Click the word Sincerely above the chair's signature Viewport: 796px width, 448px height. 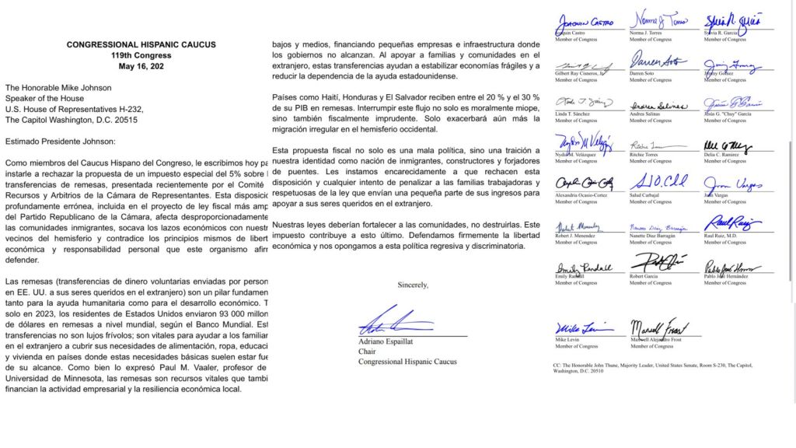pos(413,285)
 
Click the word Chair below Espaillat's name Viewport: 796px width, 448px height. pos(367,352)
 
